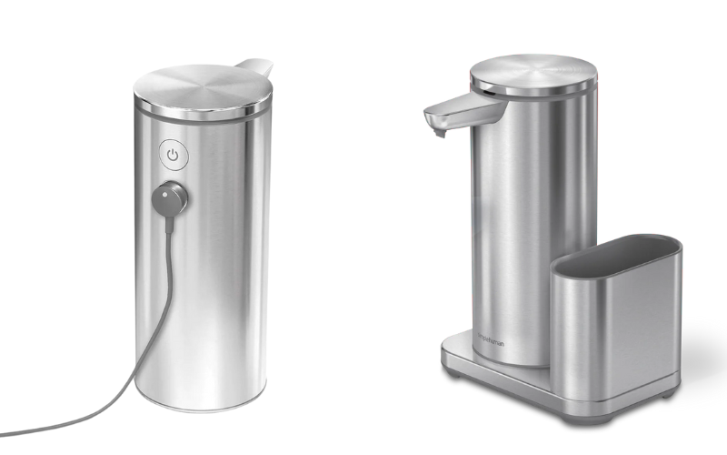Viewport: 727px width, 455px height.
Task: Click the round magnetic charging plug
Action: tap(169, 197)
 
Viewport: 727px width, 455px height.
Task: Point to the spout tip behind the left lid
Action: tap(259, 66)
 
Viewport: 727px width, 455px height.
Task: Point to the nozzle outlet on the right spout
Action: tap(438, 133)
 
